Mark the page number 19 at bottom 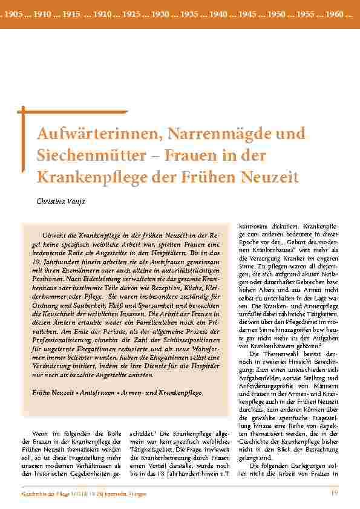333,496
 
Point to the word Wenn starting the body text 40,433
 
